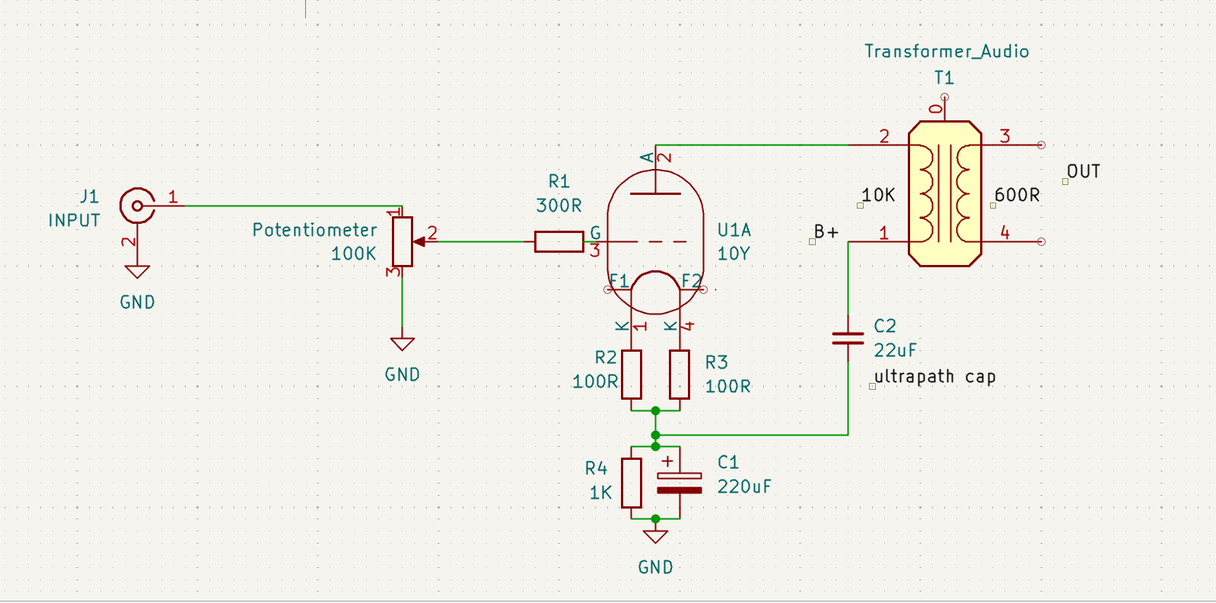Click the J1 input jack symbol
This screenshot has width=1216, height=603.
tap(137, 206)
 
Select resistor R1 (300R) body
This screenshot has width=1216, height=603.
tap(559, 242)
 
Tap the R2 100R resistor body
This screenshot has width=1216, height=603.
tap(632, 375)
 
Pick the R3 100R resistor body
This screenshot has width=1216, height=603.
tap(680, 375)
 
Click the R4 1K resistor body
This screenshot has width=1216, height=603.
tap(632, 483)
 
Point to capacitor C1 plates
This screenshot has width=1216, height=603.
tap(679, 483)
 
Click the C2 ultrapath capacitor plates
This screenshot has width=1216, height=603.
tap(848, 339)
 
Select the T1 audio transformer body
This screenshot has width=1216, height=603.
tap(945, 194)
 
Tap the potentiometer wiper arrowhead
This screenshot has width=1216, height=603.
tap(419, 242)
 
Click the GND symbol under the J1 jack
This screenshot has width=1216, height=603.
tap(137, 272)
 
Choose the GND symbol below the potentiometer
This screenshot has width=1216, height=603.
tap(403, 344)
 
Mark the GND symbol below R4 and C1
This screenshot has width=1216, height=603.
tap(655, 537)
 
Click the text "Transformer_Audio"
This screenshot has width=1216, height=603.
tap(947, 52)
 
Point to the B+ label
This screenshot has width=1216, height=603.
tap(826, 232)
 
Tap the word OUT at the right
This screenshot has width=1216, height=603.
tap(1084, 171)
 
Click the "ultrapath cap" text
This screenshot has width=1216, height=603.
tap(934, 376)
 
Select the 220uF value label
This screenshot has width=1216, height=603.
tap(743, 487)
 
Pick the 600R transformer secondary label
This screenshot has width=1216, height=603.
tap(1017, 194)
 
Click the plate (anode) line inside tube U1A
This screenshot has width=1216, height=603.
tap(655, 193)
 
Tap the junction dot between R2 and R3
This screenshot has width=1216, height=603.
tap(655, 410)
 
